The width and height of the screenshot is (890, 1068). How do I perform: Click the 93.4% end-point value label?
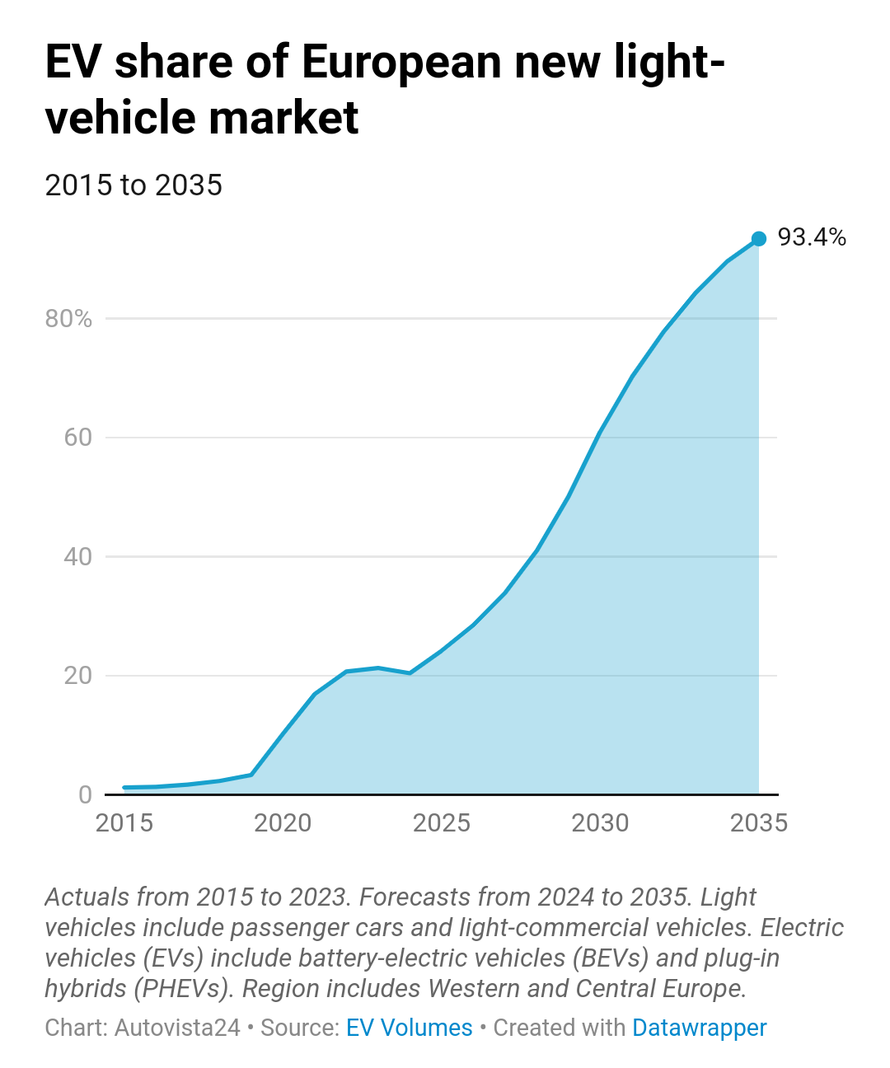(812, 237)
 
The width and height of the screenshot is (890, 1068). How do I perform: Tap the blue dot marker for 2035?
(759, 238)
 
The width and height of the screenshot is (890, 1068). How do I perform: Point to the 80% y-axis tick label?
(68, 319)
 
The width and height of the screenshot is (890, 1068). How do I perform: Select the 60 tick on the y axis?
(78, 438)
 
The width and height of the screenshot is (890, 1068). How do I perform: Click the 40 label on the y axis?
(78, 557)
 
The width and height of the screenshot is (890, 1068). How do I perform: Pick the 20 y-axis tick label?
(78, 676)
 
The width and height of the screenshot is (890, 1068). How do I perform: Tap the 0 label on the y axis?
(85, 794)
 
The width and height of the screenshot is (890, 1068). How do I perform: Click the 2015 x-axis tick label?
(124, 823)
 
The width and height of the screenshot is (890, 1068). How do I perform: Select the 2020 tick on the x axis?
(283, 823)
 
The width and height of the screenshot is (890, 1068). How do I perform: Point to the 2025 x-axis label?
(442, 823)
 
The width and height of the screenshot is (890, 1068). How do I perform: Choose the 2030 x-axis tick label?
(600, 823)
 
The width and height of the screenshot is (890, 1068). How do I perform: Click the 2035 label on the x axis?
(759, 823)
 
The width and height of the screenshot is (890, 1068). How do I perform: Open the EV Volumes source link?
(409, 1028)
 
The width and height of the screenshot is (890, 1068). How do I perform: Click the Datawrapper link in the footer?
(699, 1028)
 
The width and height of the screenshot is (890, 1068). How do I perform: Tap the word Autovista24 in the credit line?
(177, 1028)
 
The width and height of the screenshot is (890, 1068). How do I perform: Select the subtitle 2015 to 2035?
(133, 185)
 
